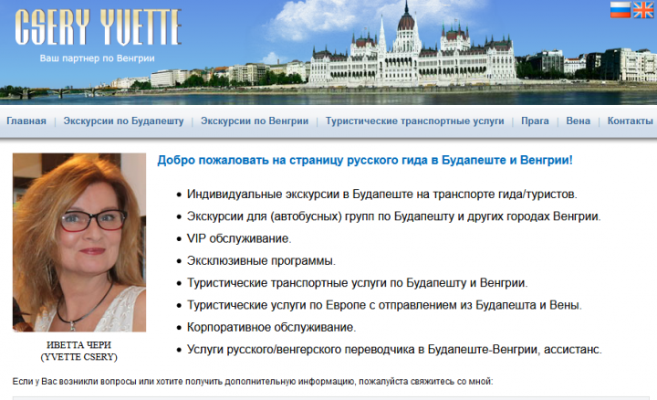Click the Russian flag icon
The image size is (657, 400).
click(620, 10)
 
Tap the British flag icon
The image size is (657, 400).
click(643, 10)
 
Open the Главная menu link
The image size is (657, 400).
click(26, 121)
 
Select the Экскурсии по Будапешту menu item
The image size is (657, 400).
click(123, 121)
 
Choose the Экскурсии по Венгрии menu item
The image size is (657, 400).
click(255, 121)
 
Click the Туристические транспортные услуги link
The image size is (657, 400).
click(415, 121)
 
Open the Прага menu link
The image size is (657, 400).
click(535, 121)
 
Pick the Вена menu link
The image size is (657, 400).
click(579, 121)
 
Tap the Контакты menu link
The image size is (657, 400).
click(631, 121)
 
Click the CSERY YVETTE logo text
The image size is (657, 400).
click(98, 27)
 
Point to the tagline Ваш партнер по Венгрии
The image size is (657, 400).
click(98, 58)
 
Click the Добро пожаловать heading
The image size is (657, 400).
click(365, 160)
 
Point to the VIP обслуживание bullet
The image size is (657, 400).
click(239, 238)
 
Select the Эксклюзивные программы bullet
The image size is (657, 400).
click(261, 261)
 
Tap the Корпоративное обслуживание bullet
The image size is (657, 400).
click(271, 327)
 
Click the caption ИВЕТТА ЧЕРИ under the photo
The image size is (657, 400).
click(78, 345)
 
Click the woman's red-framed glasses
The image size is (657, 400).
click(93, 220)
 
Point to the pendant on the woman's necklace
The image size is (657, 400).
click(73, 325)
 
